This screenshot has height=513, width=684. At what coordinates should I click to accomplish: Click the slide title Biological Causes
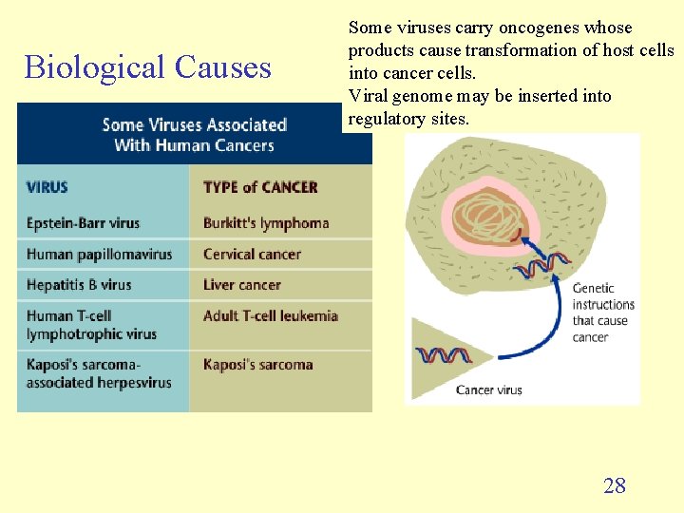pos(147,67)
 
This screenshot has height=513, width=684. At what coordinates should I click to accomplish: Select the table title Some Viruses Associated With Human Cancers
pos(194,135)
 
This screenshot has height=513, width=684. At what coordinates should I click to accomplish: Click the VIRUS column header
pos(47,187)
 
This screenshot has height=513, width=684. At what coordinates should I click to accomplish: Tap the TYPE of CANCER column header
pos(260,187)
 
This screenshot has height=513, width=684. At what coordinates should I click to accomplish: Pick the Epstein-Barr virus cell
pos(83,223)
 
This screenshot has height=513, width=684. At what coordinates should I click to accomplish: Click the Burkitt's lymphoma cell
pos(266,223)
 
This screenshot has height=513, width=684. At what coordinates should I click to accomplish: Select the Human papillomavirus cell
pos(99,254)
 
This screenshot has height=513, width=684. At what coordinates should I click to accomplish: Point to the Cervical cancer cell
pos(252,254)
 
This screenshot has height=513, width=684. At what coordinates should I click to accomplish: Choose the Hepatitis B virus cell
pos(79,284)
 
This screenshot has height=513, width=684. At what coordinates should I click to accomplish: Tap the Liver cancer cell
pos(241,284)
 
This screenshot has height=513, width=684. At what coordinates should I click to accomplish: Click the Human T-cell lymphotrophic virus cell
pos(91,325)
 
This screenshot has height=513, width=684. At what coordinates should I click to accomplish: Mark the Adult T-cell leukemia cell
pos(271,315)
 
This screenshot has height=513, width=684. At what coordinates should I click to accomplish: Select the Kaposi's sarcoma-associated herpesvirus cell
pos(99,373)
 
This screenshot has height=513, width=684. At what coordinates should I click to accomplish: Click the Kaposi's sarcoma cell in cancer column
pos(257,364)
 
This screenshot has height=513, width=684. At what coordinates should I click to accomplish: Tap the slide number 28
pos(615,485)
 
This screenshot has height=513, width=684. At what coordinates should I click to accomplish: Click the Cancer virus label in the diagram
pos(488,389)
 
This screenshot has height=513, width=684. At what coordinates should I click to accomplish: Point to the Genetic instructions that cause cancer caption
pos(602,313)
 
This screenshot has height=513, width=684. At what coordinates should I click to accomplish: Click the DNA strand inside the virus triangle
pos(445,356)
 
